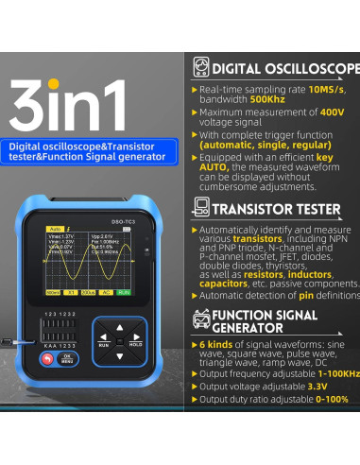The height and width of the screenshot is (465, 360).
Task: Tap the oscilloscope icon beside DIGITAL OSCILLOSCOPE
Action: coord(201,68)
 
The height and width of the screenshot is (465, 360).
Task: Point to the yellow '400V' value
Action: coord(332,112)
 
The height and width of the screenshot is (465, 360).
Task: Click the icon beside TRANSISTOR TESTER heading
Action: coord(201,209)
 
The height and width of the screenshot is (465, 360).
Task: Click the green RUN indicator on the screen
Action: coord(125,292)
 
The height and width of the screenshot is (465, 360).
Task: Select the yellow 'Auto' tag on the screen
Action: coord(55,229)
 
